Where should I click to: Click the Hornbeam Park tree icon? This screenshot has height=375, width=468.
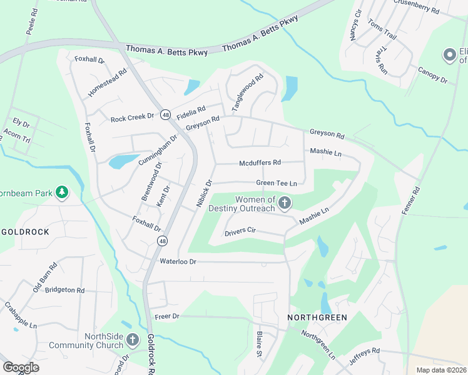click(62, 191)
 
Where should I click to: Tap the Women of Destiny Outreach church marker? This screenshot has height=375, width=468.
click(285, 202)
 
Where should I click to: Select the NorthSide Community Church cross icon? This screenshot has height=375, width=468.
click(132, 340)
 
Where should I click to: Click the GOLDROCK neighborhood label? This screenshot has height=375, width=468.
click(25, 231)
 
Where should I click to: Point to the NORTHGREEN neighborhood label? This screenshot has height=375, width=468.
click(317, 317)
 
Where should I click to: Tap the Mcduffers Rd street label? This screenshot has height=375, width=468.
click(260, 163)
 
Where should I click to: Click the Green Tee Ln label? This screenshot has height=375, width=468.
click(275, 183)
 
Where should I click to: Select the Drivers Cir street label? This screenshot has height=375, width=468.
click(240, 231)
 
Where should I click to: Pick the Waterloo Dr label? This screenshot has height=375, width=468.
click(178, 261)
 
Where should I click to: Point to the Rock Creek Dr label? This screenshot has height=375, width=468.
click(132, 117)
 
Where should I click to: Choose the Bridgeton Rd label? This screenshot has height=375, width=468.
click(64, 290)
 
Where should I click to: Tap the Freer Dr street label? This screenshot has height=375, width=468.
click(166, 316)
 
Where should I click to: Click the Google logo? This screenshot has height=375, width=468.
click(21, 367)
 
